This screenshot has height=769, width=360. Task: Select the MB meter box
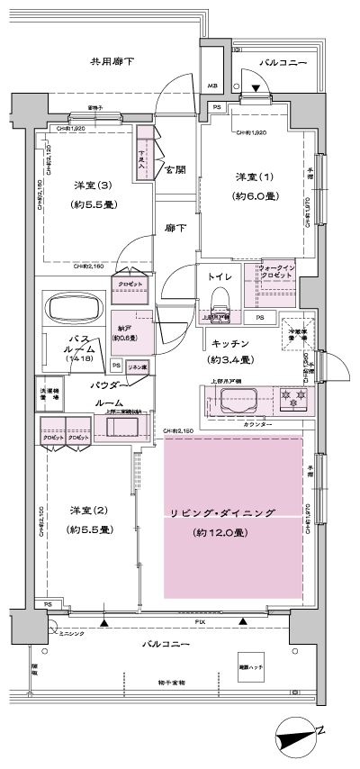tap(213, 86)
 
